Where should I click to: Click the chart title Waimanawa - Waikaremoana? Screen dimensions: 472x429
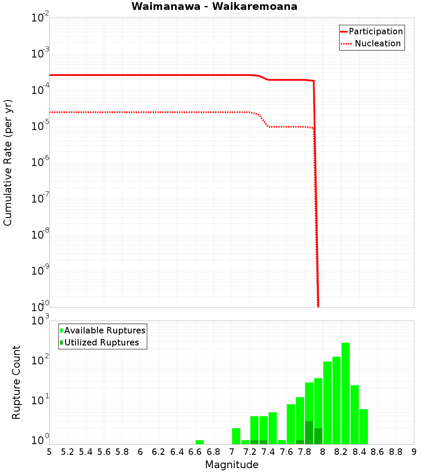click(x=214, y=6)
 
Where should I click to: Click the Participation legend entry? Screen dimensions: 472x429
click(x=375, y=31)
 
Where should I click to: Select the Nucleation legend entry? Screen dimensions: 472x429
click(x=378, y=43)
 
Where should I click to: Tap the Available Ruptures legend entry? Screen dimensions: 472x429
click(x=105, y=330)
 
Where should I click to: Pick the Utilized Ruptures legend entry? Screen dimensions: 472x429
click(x=101, y=342)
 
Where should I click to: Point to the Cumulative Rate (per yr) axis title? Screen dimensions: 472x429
click(x=8, y=163)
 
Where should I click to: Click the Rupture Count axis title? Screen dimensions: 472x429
click(x=16, y=382)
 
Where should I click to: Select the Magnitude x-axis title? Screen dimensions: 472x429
click(x=232, y=465)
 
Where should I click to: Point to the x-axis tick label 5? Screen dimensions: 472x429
click(x=49, y=452)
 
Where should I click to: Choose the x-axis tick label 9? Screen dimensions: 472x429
click(x=414, y=452)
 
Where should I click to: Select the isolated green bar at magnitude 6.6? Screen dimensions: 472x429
click(x=199, y=442)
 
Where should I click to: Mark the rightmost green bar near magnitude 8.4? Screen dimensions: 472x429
click(x=364, y=427)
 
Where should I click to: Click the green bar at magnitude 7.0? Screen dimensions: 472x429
click(x=236, y=436)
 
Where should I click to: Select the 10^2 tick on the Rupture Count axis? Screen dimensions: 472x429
click(x=40, y=360)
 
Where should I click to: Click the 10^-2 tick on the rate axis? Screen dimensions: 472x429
click(x=40, y=18)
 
